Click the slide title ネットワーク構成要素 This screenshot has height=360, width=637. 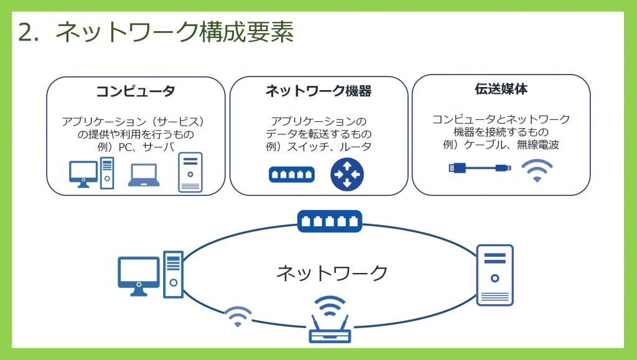(x=174, y=32)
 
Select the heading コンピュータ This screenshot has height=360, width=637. (x=135, y=91)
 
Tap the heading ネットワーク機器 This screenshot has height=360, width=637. (x=318, y=91)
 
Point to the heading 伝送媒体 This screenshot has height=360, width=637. (x=501, y=89)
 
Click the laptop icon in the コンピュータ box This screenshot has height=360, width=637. (x=144, y=175)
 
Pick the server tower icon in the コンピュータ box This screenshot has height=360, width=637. (x=190, y=172)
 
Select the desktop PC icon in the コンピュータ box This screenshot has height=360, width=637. (x=91, y=173)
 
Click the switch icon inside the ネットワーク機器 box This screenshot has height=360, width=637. (x=292, y=175)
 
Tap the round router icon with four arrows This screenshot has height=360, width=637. (x=347, y=175)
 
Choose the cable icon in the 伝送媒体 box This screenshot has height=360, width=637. (x=480, y=168)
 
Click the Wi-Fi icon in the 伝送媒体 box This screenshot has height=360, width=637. (x=537, y=170)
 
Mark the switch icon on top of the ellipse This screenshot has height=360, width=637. (x=330, y=221)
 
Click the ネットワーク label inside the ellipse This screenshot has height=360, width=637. (x=332, y=273)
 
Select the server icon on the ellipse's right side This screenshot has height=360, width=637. (x=495, y=275)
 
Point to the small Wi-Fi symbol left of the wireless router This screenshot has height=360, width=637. (x=238, y=316)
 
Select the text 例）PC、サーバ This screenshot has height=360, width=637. (x=136, y=147)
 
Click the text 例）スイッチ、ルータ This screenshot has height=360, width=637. (x=318, y=147)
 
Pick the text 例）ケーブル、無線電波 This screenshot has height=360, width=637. (x=501, y=144)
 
